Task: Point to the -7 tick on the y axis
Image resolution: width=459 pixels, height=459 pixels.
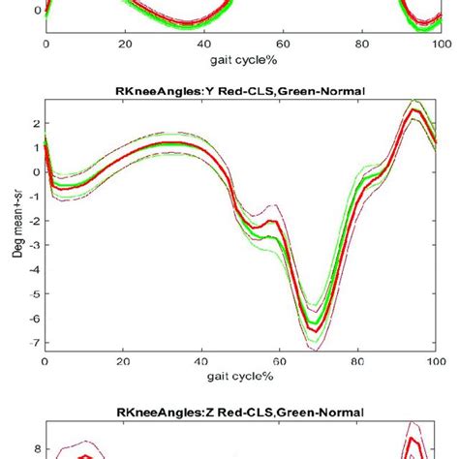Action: tap(35, 344)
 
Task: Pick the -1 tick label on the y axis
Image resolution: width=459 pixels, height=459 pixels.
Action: tap(35, 197)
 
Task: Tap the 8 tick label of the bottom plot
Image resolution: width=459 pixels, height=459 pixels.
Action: tap(36, 448)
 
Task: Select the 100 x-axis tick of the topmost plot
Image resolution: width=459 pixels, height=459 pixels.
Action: tap(439, 44)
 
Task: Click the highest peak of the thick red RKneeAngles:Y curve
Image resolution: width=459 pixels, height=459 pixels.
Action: tap(414, 110)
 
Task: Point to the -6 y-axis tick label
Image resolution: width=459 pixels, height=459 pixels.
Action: tap(35, 320)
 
